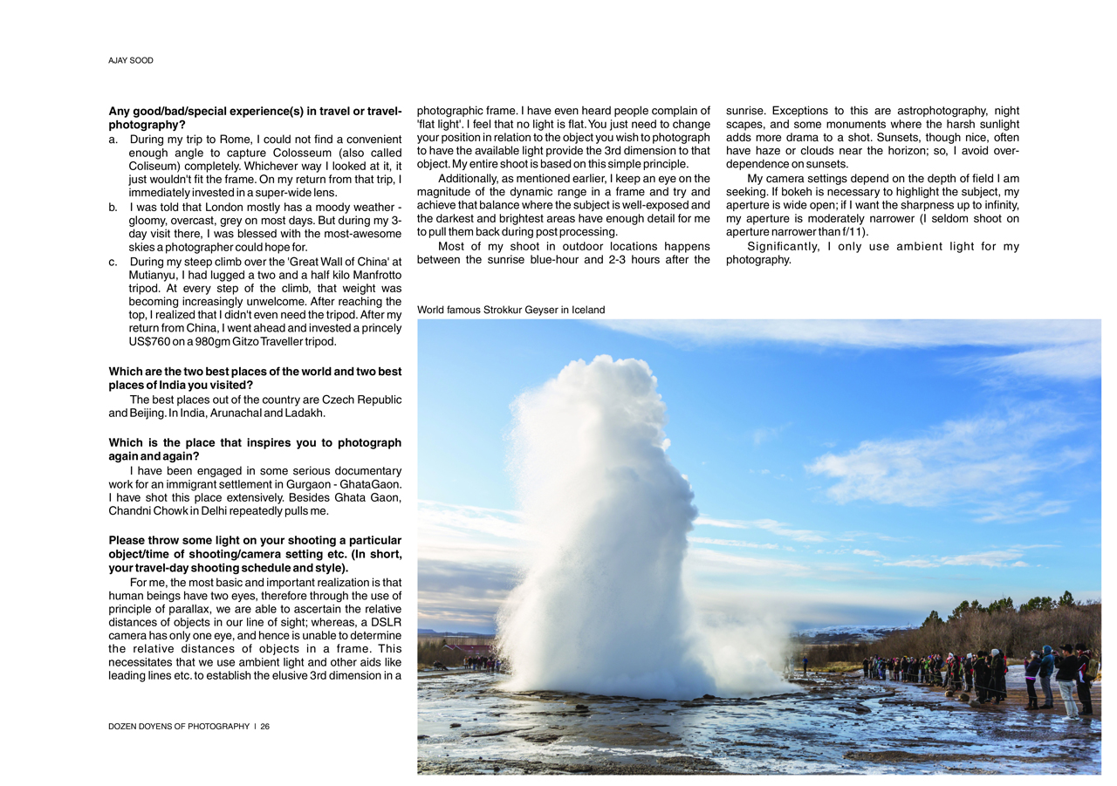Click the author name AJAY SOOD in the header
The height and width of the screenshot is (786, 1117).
pyautogui.click(x=131, y=60)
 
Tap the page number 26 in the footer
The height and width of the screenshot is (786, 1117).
pyautogui.click(x=264, y=726)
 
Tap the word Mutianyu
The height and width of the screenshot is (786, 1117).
pyautogui.click(x=154, y=275)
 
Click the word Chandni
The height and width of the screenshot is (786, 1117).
pyautogui.click(x=134, y=510)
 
